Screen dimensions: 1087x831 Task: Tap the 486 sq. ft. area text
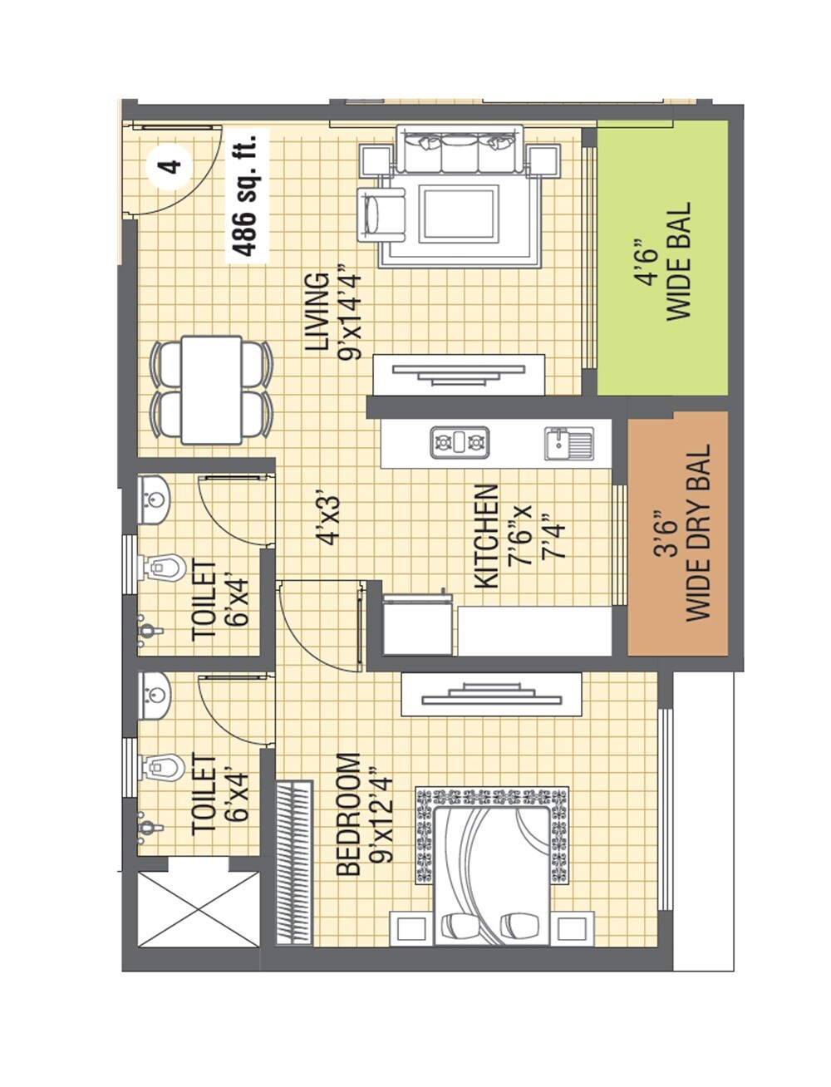tap(248, 195)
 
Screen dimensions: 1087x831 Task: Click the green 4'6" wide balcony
tap(663, 259)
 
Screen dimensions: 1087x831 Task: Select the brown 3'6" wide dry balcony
tap(677, 533)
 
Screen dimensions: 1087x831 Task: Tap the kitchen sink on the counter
tap(569, 443)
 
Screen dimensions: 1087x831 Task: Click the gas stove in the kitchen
tap(460, 442)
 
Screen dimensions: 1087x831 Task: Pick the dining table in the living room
tap(211, 390)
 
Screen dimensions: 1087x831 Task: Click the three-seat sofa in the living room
tap(460, 149)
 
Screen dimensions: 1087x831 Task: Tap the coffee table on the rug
tap(460, 214)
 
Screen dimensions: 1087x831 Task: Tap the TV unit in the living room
tap(460, 374)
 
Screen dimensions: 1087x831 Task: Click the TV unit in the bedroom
tap(491, 694)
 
